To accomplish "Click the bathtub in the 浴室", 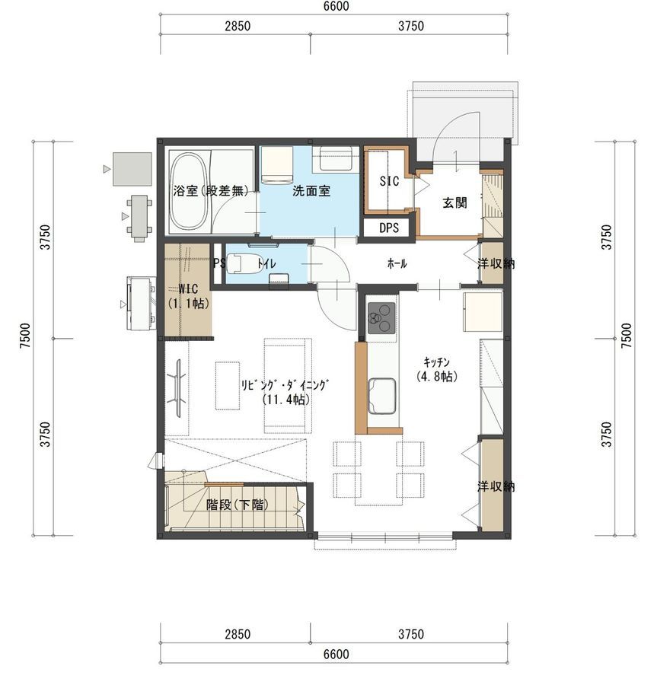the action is (x=189, y=190).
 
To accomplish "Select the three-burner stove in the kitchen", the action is (x=381, y=317).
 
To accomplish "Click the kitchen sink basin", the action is (x=382, y=396).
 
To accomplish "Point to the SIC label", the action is (x=389, y=181).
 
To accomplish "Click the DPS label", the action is (x=389, y=228).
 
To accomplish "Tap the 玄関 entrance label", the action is (x=454, y=202).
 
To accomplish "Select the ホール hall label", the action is (x=397, y=263).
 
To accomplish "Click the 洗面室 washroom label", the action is (x=311, y=191).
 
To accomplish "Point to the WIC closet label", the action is (x=188, y=288).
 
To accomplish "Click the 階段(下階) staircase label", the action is (x=238, y=505).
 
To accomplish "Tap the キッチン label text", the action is (x=436, y=362).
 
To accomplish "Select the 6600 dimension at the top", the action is (x=336, y=6).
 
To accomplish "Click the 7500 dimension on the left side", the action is (x=25, y=336).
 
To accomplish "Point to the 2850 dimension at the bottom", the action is (x=238, y=634).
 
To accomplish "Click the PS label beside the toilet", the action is (x=219, y=263).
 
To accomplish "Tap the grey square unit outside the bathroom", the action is (x=132, y=169).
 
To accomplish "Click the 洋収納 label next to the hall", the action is (x=496, y=263).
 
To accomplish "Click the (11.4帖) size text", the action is (x=286, y=400).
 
